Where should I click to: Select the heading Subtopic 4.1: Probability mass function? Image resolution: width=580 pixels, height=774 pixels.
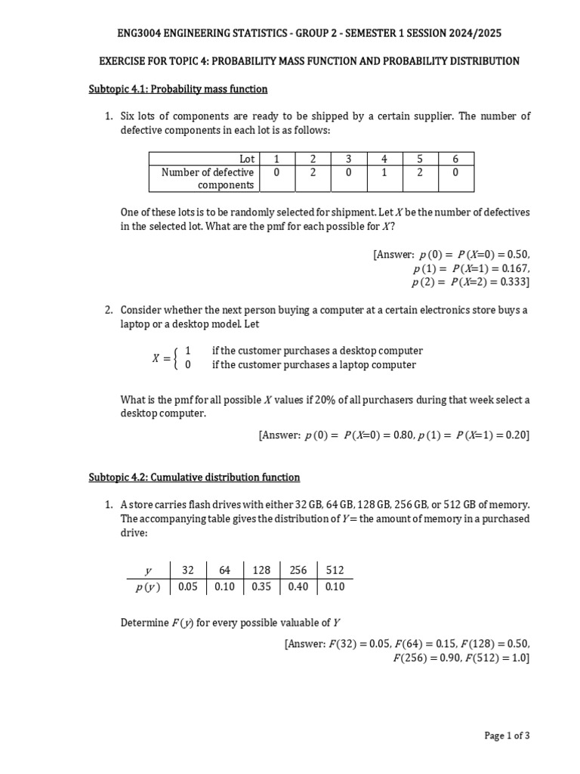178,89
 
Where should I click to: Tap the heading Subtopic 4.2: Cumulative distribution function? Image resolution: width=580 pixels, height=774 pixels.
194,478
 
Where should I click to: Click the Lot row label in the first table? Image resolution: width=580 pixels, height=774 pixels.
246,159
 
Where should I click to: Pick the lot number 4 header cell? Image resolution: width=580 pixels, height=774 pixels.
384,159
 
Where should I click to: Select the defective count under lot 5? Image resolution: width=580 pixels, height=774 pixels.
420,172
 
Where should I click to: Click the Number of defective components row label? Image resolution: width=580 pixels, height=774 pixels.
207,178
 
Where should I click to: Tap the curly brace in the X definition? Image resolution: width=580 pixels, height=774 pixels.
177,358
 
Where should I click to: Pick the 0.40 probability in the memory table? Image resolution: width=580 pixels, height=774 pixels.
298,587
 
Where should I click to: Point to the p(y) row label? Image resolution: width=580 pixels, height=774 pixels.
147,587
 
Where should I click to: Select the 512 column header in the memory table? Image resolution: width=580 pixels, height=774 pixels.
335,571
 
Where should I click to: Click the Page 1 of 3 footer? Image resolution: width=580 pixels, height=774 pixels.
507,735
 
